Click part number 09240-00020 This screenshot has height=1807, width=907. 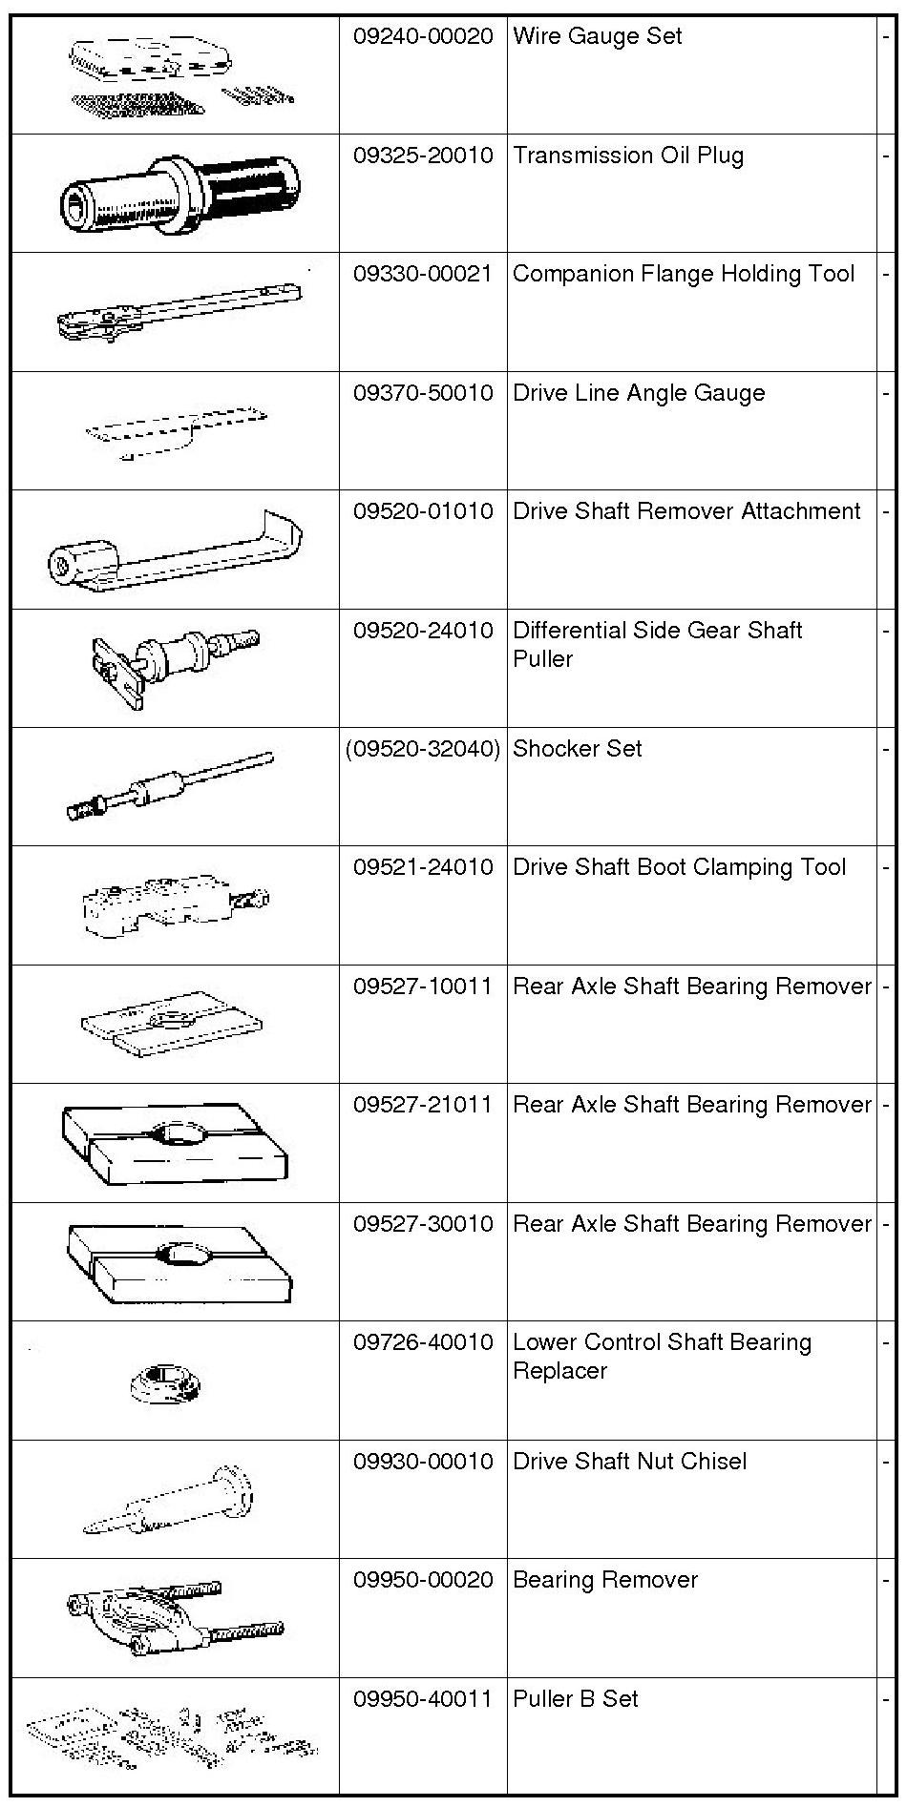point(423,37)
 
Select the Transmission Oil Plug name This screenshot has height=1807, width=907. point(627,156)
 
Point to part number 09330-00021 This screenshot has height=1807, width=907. point(423,275)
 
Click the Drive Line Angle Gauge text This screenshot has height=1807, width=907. point(639,393)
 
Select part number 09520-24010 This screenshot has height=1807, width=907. point(423,631)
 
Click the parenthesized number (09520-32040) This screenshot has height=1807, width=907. point(423,749)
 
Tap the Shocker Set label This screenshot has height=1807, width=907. point(577,749)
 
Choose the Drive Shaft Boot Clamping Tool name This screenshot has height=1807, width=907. point(679,867)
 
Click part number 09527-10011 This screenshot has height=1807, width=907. point(423,987)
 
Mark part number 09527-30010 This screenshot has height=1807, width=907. point(423,1224)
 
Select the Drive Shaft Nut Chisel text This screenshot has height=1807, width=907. point(629,1462)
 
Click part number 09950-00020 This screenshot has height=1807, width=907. point(423,1580)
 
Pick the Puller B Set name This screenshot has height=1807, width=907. point(575,1699)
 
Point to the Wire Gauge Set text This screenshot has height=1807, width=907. point(597,37)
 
